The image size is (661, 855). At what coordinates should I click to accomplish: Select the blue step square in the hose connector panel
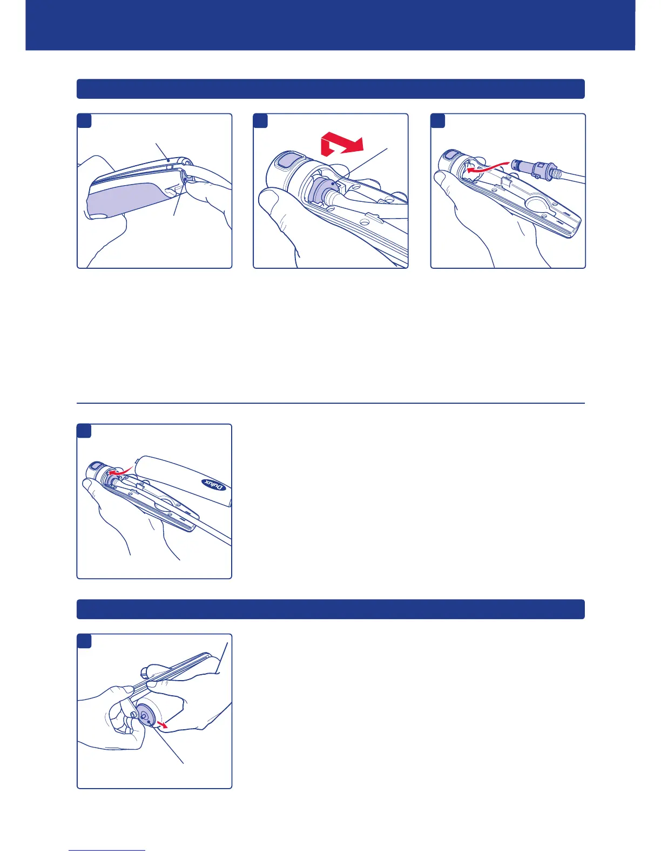[x=438, y=120]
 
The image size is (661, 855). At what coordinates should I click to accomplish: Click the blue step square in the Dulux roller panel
[x=84, y=431]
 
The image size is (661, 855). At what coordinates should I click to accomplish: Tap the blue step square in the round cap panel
[x=84, y=641]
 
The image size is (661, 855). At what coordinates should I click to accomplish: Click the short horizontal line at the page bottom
[x=107, y=850]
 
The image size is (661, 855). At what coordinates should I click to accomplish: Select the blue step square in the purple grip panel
[x=84, y=120]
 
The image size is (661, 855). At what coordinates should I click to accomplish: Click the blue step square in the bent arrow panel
[x=261, y=120]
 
